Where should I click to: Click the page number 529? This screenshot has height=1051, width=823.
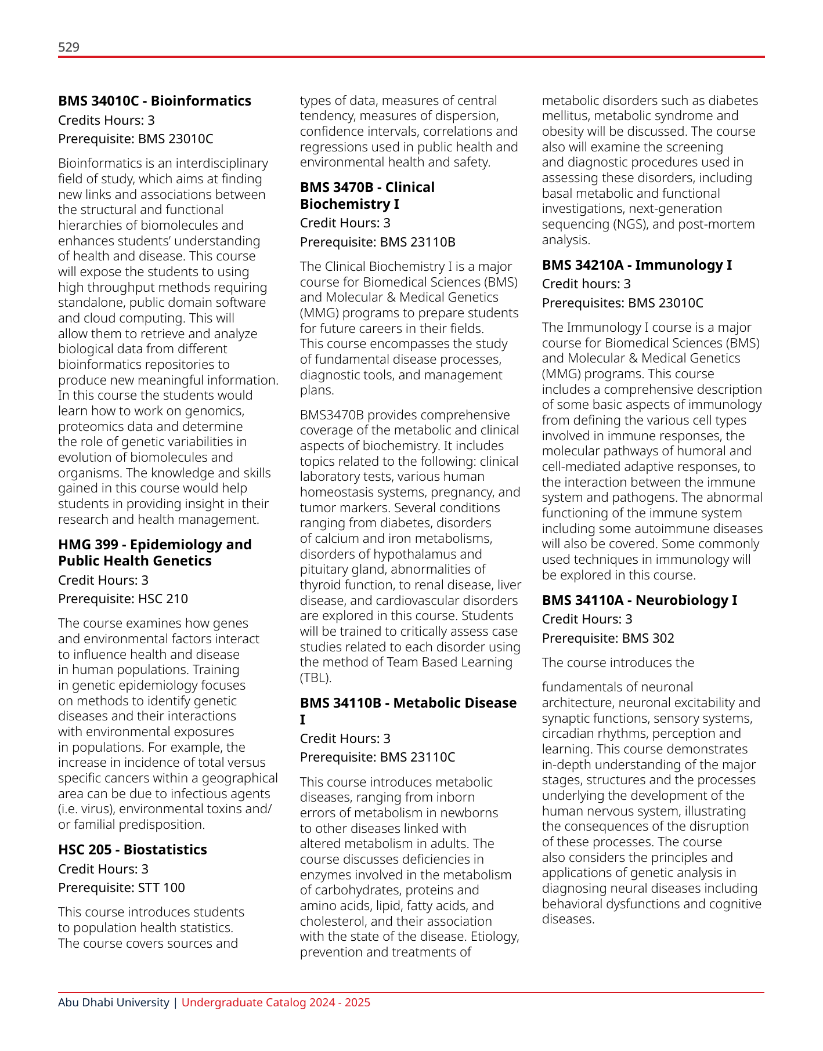[68, 47]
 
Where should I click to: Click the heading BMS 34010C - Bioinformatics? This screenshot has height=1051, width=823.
[154, 101]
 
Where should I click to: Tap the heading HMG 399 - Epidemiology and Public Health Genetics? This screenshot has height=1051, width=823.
[154, 553]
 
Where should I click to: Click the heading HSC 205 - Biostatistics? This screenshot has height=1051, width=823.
[132, 850]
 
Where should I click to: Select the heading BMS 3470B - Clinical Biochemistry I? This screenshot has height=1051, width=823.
[367, 195]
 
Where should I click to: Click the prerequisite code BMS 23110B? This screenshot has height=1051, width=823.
[417, 242]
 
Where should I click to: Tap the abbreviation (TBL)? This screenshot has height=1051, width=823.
[316, 678]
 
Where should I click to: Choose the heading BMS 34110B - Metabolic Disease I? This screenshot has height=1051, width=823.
[408, 711]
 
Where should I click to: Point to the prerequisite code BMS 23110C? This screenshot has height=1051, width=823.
[417, 758]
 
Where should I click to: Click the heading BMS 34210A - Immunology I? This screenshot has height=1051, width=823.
[637, 265]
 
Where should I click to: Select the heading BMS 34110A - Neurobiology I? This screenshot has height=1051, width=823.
[639, 600]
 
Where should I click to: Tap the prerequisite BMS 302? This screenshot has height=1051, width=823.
[648, 639]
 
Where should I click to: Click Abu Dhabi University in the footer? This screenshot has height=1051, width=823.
[114, 1003]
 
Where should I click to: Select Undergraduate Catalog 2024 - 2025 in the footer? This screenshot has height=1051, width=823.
[276, 1003]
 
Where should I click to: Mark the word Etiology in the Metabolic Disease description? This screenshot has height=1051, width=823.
[494, 937]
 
